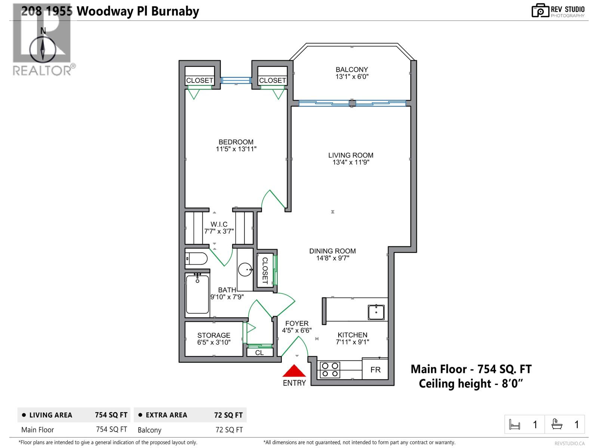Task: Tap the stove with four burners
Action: tap(330, 370)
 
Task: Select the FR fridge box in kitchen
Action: tap(375, 370)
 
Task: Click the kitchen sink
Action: tap(376, 312)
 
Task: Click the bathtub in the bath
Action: tap(197, 295)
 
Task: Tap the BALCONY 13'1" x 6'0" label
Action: tap(352, 73)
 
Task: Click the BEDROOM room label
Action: tap(236, 142)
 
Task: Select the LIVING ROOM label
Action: tap(351, 155)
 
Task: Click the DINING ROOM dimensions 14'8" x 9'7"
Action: tap(332, 258)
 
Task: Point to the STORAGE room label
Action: tap(214, 335)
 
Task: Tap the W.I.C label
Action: tap(219, 224)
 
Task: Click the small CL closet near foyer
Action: tap(259, 352)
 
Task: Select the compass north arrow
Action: tap(43, 49)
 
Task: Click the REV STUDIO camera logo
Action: tap(540, 10)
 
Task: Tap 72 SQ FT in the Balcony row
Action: tap(229, 430)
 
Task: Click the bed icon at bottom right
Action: tap(515, 424)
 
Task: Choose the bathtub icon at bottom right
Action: tap(557, 424)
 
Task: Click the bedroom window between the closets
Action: tap(236, 80)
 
